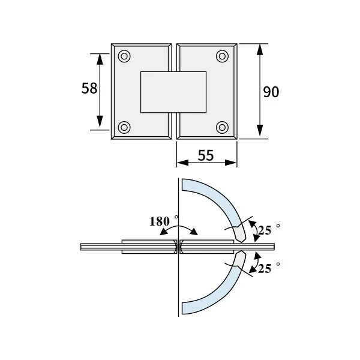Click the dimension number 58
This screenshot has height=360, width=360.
tap(89, 88)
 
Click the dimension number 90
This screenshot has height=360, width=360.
tap(271, 92)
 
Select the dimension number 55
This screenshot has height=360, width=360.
tap(206, 155)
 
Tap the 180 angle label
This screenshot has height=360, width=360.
tap(160, 221)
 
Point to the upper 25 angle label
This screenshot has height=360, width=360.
tap(265, 230)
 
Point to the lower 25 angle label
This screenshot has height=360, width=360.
tap(265, 268)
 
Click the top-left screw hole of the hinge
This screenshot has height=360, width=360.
tap(124, 56)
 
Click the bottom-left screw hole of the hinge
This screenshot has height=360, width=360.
tap(124, 127)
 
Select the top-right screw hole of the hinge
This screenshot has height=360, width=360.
tap(222, 56)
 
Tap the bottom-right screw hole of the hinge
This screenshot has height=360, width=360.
tap(222, 127)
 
